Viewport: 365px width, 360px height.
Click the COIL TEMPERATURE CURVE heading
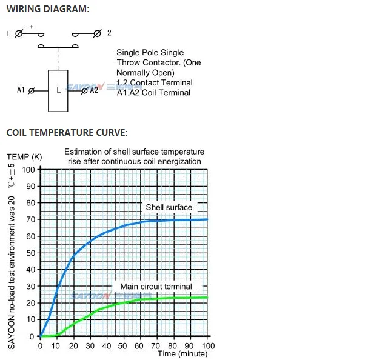(66, 132)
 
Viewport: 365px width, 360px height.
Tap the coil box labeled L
(58, 90)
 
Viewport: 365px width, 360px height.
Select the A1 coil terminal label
(21, 90)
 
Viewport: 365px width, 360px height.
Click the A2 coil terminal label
(94, 90)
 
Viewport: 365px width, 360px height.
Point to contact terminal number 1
(8, 34)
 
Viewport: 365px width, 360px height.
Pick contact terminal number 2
(109, 33)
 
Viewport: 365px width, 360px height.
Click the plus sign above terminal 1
(31, 27)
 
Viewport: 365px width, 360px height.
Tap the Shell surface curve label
(169, 207)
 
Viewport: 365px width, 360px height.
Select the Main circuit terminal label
(156, 287)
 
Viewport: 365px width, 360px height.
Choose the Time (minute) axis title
(182, 353)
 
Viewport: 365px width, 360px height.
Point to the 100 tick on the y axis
(28, 169)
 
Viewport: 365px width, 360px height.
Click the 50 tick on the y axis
(30, 253)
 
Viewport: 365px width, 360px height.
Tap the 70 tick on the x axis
(158, 345)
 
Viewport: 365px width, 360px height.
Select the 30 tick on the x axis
(90, 345)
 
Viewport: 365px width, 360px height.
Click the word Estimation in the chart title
(83, 152)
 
